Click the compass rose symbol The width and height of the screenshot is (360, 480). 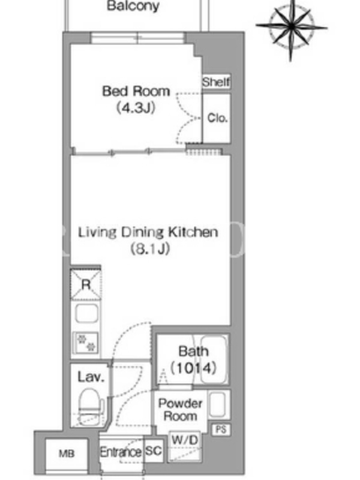(291, 28)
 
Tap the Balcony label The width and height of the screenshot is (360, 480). (133, 5)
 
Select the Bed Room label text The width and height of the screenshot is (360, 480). (136, 91)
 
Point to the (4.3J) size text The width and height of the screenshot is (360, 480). (136, 108)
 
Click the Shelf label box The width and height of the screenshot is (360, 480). (216, 82)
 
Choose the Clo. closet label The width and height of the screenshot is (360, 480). (217, 118)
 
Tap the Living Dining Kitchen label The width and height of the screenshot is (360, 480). (148, 232)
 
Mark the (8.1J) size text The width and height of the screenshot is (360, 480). (151, 249)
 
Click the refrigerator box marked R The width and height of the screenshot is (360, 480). (86, 284)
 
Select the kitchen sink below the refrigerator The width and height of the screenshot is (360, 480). (86, 313)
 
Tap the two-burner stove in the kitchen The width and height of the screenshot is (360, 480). (86, 343)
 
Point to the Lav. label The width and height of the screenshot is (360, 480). (91, 377)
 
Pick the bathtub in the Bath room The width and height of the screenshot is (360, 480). (214, 359)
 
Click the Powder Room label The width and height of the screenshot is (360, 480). (181, 410)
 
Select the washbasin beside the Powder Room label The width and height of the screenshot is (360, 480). (219, 404)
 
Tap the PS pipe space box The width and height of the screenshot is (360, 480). (221, 430)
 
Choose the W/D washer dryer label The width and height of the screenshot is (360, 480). (185, 440)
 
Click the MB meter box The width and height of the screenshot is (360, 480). (67, 454)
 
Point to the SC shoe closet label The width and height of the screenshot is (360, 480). (154, 451)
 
